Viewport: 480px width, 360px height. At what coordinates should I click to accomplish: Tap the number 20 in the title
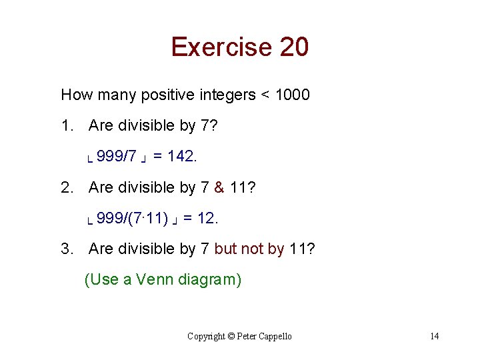[294, 47]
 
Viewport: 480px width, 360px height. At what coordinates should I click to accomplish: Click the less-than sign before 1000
[265, 95]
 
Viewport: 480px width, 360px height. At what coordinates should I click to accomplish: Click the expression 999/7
[117, 157]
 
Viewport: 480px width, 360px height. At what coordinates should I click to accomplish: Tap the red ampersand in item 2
[219, 187]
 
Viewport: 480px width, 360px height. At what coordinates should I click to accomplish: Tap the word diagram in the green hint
[210, 279]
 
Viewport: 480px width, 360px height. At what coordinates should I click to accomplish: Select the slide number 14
[435, 336]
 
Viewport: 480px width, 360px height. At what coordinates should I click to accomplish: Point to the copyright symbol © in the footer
[232, 336]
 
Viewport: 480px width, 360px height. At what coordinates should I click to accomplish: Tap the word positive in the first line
[169, 95]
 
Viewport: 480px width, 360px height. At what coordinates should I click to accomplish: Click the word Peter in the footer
[247, 336]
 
